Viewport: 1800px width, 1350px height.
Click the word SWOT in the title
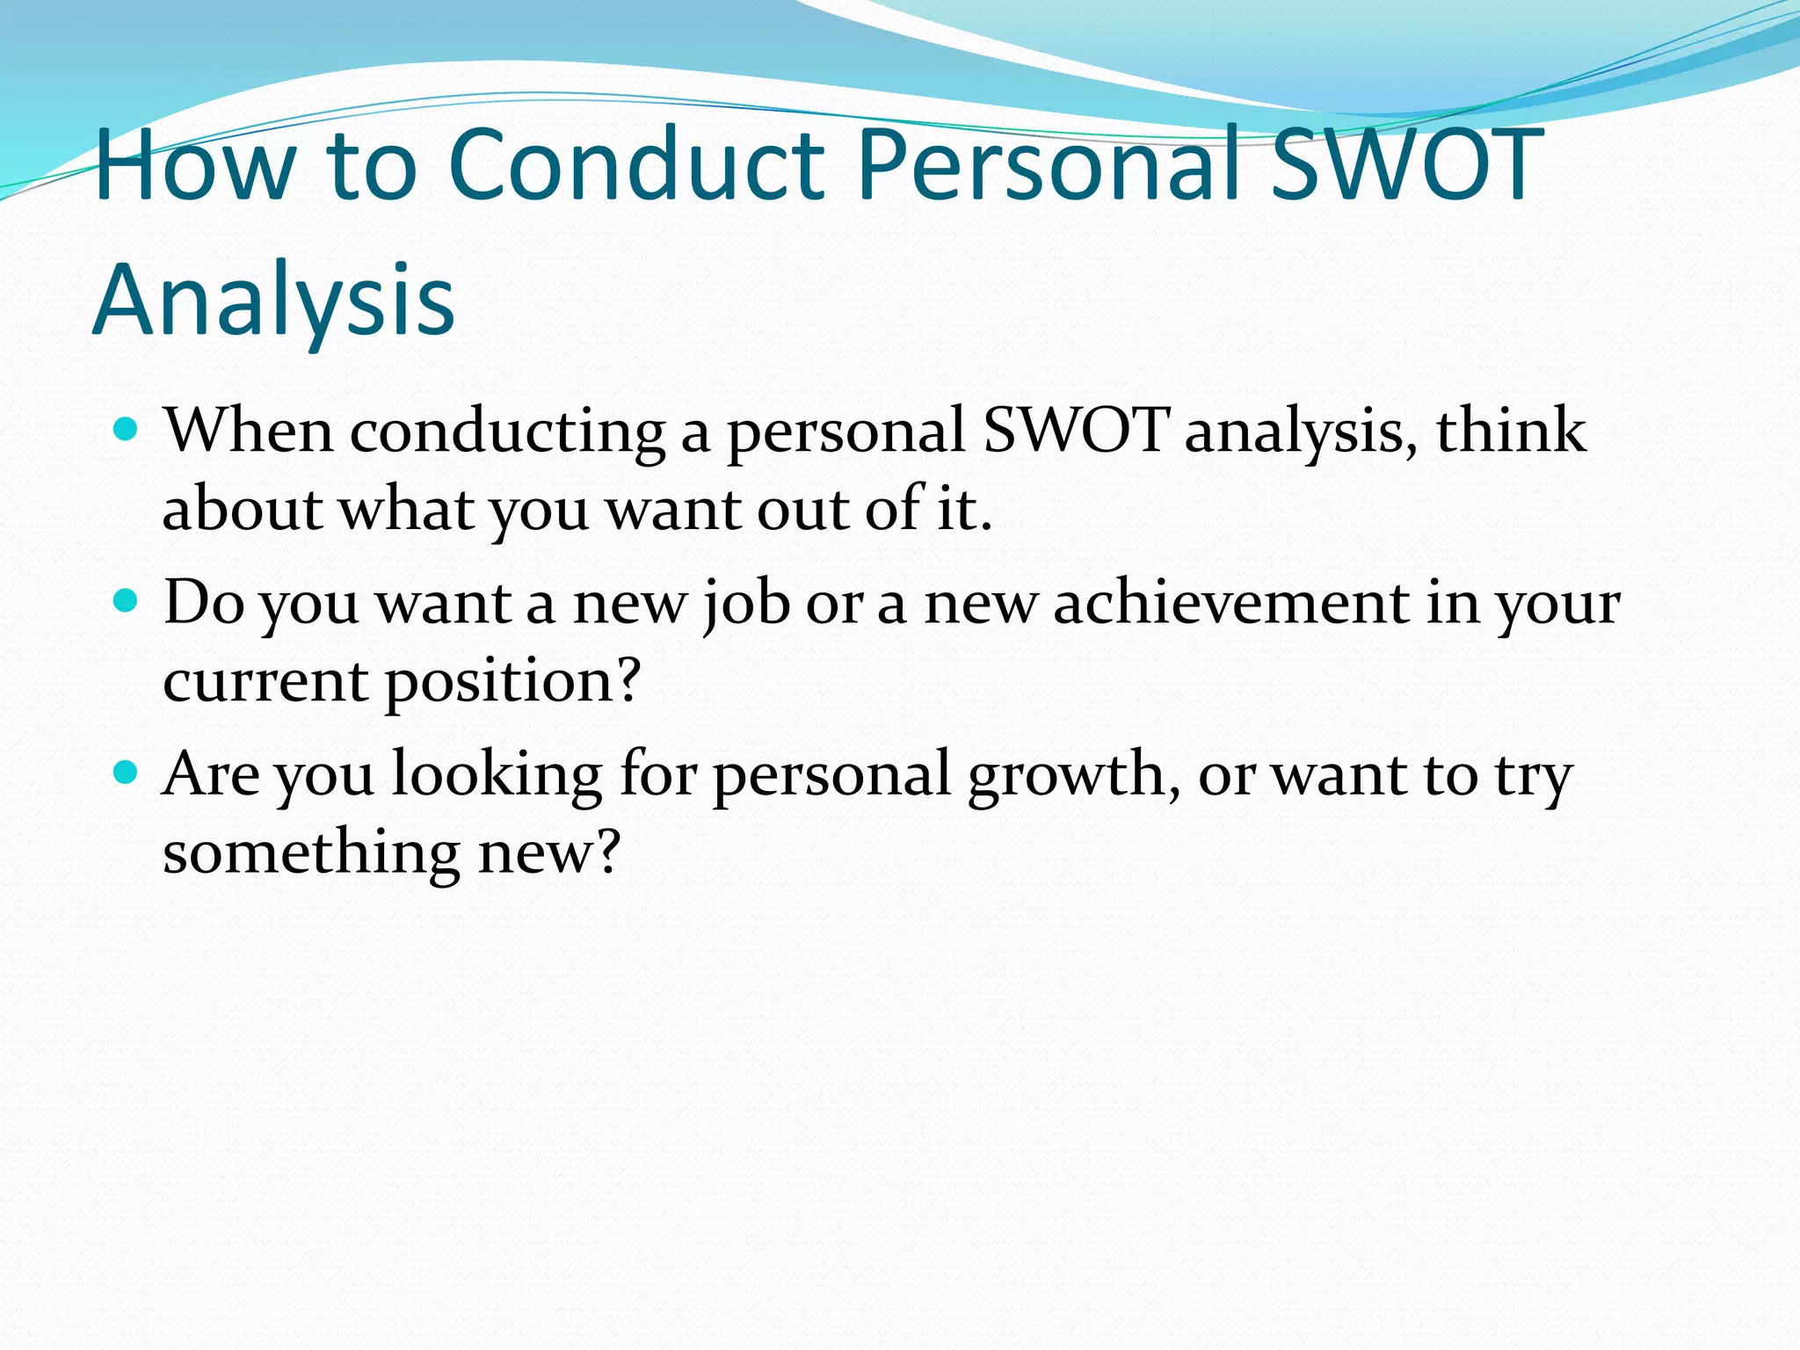[1406, 165]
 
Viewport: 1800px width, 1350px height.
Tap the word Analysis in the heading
[273, 301]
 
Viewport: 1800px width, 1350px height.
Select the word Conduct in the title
[636, 165]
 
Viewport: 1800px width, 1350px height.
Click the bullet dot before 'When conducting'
[127, 430]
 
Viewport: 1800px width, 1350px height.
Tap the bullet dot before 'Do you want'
[127, 601]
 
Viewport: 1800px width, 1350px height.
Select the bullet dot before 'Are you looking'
[127, 773]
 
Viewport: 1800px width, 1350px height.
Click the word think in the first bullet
[1511, 431]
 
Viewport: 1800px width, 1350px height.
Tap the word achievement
[1231, 603]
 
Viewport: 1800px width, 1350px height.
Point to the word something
[312, 853]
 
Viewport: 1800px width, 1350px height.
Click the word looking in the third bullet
[497, 775]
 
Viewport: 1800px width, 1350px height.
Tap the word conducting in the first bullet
[507, 432]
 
